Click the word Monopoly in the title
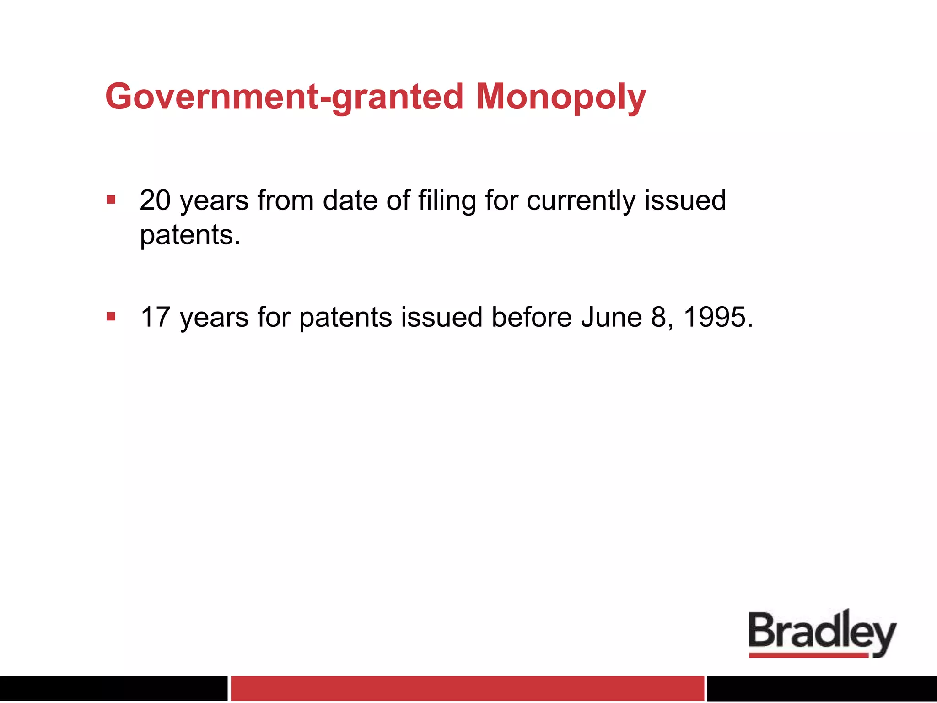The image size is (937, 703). [x=561, y=97]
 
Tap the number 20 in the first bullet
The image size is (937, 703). [x=156, y=200]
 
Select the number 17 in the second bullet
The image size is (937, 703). [x=156, y=317]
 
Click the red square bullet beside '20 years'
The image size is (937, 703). [x=111, y=200]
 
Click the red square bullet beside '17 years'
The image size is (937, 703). [x=111, y=316]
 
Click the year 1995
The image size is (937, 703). [x=714, y=317]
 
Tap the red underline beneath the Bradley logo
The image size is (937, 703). [x=808, y=655]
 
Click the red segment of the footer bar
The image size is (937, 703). [x=467, y=688]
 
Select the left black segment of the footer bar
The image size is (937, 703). [x=113, y=688]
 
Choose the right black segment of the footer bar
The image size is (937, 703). [x=822, y=688]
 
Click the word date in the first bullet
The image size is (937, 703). [x=350, y=200]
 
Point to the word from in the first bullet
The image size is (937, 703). [x=285, y=200]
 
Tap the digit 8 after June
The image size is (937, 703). [x=659, y=317]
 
